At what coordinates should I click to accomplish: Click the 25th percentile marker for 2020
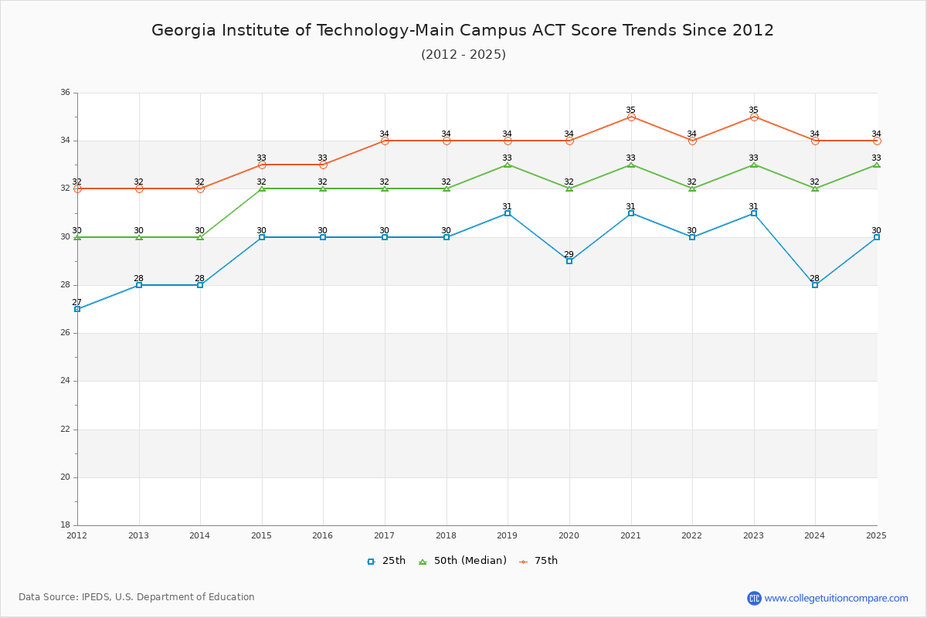pos(569,261)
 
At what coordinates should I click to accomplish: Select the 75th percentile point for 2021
pos(631,117)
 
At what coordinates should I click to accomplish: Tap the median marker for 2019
pos(508,165)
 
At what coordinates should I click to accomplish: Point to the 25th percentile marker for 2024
pos(815,285)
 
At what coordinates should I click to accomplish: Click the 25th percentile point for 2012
pos(77,309)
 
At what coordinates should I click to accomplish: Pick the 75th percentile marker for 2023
pos(754,117)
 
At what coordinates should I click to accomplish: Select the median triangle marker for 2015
pos(262,188)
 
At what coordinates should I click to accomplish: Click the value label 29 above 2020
pos(569,254)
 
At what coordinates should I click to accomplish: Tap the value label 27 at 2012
pos(77,302)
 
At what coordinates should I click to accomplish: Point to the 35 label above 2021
pos(631,110)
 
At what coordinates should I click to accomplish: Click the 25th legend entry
pos(386,561)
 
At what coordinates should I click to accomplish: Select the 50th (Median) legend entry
pos(463,561)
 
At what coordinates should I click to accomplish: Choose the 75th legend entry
pos(538,561)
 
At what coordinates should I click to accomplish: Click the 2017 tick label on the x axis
pos(385,535)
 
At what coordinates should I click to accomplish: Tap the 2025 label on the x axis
pos(876,535)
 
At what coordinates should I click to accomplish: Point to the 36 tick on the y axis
pos(65,93)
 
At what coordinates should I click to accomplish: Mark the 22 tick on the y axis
pos(65,430)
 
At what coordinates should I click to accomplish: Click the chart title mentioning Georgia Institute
pos(463,30)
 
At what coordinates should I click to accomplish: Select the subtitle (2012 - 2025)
pos(463,54)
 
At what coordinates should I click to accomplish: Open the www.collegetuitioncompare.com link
pos(836,598)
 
